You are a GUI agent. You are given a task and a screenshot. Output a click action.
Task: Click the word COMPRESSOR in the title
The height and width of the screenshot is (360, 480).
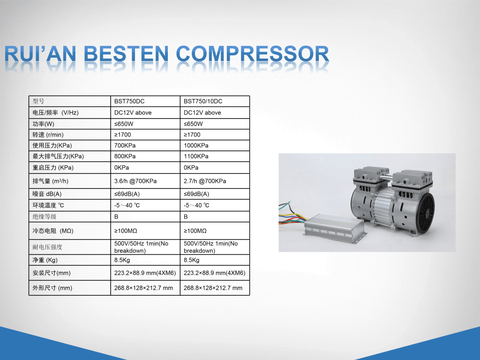[x=253, y=54]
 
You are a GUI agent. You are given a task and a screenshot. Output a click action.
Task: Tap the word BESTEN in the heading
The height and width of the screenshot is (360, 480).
[x=126, y=54]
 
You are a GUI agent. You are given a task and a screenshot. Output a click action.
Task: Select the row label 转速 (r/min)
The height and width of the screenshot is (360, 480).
[x=48, y=135]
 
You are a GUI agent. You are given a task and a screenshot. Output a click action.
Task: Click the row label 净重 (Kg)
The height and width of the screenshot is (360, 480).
[x=45, y=260]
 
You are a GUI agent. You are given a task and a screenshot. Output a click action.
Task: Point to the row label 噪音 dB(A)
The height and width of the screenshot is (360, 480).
[x=47, y=194]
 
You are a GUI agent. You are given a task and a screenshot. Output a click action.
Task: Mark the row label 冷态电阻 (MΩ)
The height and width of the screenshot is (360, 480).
[x=53, y=231]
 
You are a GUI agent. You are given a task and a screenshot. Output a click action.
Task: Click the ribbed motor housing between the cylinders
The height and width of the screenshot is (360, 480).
[x=382, y=205]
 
